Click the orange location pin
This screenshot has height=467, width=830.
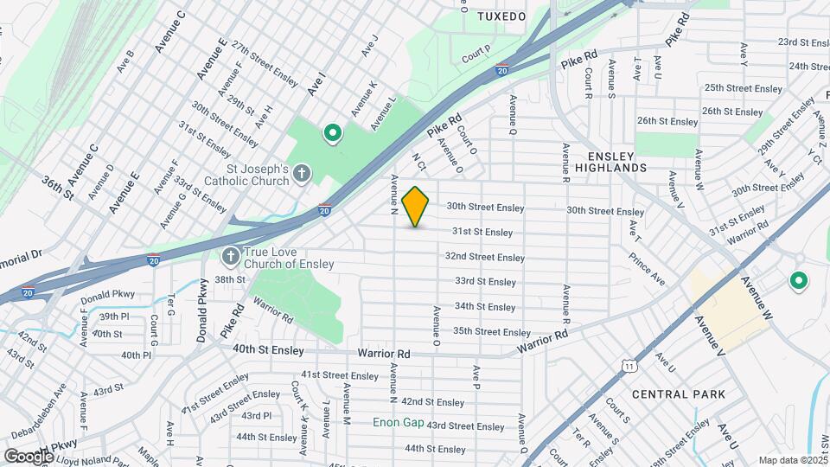point(416,206)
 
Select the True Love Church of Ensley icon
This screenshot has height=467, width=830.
point(230,257)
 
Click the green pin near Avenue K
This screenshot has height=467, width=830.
point(331,133)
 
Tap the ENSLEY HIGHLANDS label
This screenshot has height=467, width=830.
point(610,161)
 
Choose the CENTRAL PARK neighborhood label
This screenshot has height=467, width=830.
point(678,394)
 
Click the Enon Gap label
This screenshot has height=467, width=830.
point(396,423)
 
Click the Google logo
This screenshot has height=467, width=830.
point(29,456)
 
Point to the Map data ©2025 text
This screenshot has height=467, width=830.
point(792,460)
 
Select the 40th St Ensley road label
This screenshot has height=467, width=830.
point(268,351)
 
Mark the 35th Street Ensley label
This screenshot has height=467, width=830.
point(491,332)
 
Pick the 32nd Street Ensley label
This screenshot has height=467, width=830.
point(484,257)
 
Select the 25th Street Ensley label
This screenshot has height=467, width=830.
point(743,88)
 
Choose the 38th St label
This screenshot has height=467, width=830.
point(231,279)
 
